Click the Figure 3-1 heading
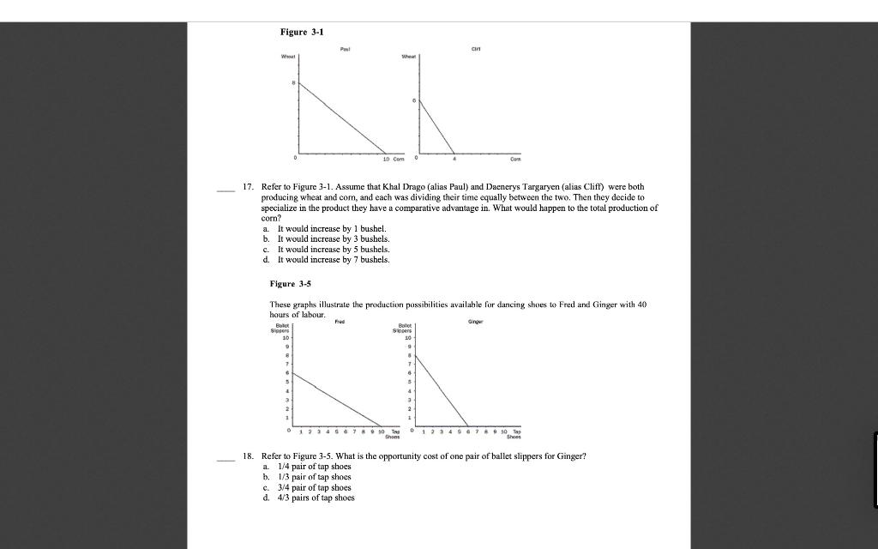click(302, 32)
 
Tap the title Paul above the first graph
click(345, 51)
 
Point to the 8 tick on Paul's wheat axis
click(292, 83)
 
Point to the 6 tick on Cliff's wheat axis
click(414, 100)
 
